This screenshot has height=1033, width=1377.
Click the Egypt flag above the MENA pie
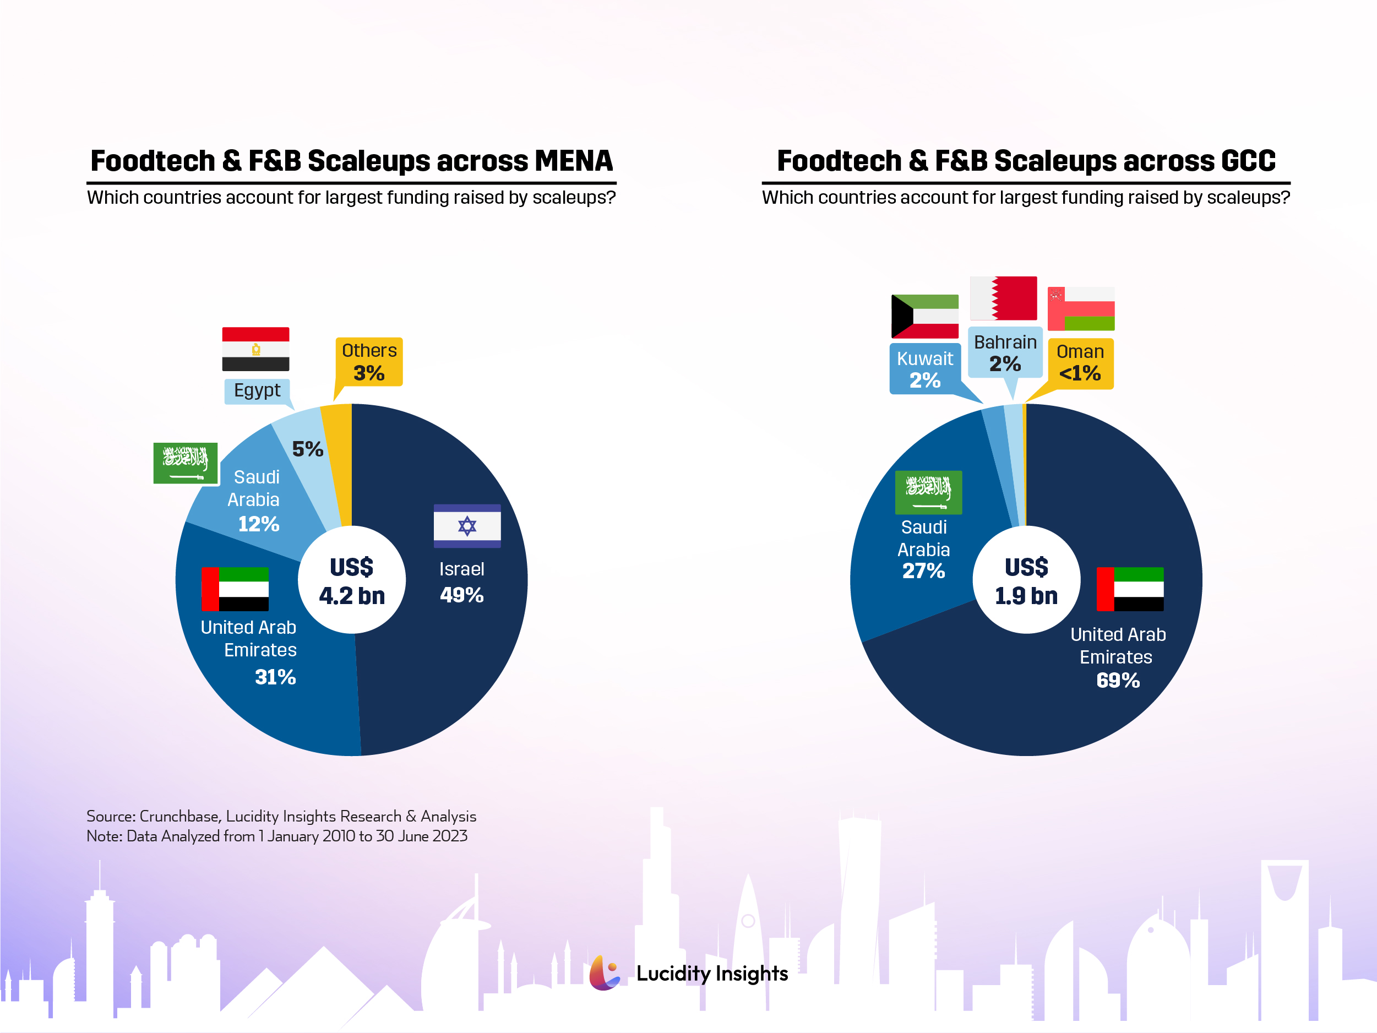click(255, 349)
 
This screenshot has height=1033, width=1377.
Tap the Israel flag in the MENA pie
click(467, 526)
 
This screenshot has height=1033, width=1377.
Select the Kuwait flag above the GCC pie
click(924, 316)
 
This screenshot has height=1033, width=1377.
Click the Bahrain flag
click(1004, 298)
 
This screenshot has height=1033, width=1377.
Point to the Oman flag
click(1081, 309)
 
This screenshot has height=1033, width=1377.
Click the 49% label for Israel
click(461, 595)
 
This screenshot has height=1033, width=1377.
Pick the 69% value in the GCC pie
click(1118, 681)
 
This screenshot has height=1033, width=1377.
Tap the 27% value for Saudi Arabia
click(923, 571)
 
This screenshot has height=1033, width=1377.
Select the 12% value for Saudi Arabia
click(258, 524)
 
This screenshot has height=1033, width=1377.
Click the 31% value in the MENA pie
click(275, 677)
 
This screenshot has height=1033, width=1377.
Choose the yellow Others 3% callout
click(369, 362)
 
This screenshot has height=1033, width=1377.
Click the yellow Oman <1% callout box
click(1080, 363)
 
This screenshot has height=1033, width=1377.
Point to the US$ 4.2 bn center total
click(352, 581)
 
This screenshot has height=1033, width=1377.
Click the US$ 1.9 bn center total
click(1026, 581)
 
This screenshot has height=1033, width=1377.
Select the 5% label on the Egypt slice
click(308, 449)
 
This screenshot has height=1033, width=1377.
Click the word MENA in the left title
click(573, 161)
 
